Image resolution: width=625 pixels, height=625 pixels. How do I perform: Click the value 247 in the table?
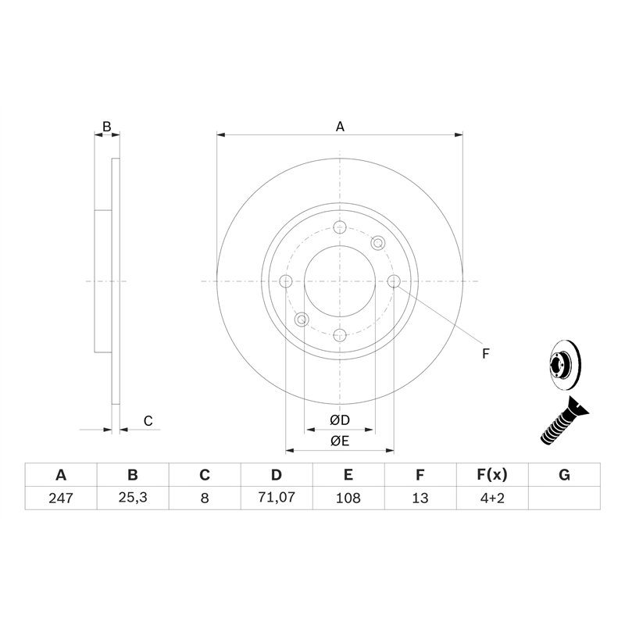61,498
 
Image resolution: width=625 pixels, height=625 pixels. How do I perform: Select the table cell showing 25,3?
133,498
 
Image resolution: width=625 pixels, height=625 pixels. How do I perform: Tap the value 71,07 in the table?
277,498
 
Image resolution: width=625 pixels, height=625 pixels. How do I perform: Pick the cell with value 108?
348,498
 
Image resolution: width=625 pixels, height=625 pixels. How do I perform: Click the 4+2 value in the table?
492,498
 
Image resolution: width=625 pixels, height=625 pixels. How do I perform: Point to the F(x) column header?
492,475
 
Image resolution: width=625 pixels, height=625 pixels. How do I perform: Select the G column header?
564,475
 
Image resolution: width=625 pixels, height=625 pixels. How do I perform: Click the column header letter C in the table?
205,475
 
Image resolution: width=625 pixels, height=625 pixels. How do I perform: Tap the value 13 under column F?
420,498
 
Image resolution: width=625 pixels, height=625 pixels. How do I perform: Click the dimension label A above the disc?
340,126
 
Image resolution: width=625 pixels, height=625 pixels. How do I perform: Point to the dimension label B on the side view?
108,126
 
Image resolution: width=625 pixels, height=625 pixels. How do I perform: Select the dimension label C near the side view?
148,422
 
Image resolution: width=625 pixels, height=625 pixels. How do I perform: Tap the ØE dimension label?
340,442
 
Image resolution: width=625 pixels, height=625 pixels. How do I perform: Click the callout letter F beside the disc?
485,354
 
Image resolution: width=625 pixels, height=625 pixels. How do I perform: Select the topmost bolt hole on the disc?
340,227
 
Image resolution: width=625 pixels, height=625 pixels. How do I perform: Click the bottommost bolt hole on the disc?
340,335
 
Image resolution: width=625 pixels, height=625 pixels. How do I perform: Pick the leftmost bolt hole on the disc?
286,281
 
